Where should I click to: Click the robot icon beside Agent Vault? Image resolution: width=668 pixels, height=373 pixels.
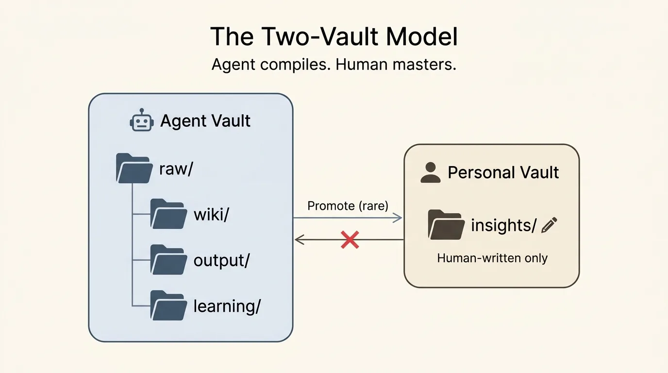click(x=142, y=120)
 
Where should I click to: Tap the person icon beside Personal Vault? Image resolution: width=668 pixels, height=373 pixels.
click(x=430, y=172)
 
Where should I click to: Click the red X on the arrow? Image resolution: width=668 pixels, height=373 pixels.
click(x=350, y=240)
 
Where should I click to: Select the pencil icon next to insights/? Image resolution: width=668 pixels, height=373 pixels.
click(x=549, y=225)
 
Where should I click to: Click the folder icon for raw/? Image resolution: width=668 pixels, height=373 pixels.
click(x=133, y=168)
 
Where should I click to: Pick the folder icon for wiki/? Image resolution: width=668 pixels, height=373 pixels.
click(x=168, y=214)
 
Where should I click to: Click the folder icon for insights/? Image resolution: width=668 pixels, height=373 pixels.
click(x=446, y=225)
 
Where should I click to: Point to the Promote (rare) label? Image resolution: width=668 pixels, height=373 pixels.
click(x=348, y=206)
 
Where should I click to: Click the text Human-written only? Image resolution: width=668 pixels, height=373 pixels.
click(x=492, y=258)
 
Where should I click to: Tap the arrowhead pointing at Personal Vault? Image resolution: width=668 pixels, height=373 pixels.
click(x=399, y=218)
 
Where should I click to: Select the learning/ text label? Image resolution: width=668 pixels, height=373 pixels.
click(x=227, y=306)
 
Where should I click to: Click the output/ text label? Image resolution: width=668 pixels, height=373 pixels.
click(x=221, y=261)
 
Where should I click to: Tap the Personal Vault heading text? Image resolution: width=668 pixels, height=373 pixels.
click(x=503, y=172)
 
